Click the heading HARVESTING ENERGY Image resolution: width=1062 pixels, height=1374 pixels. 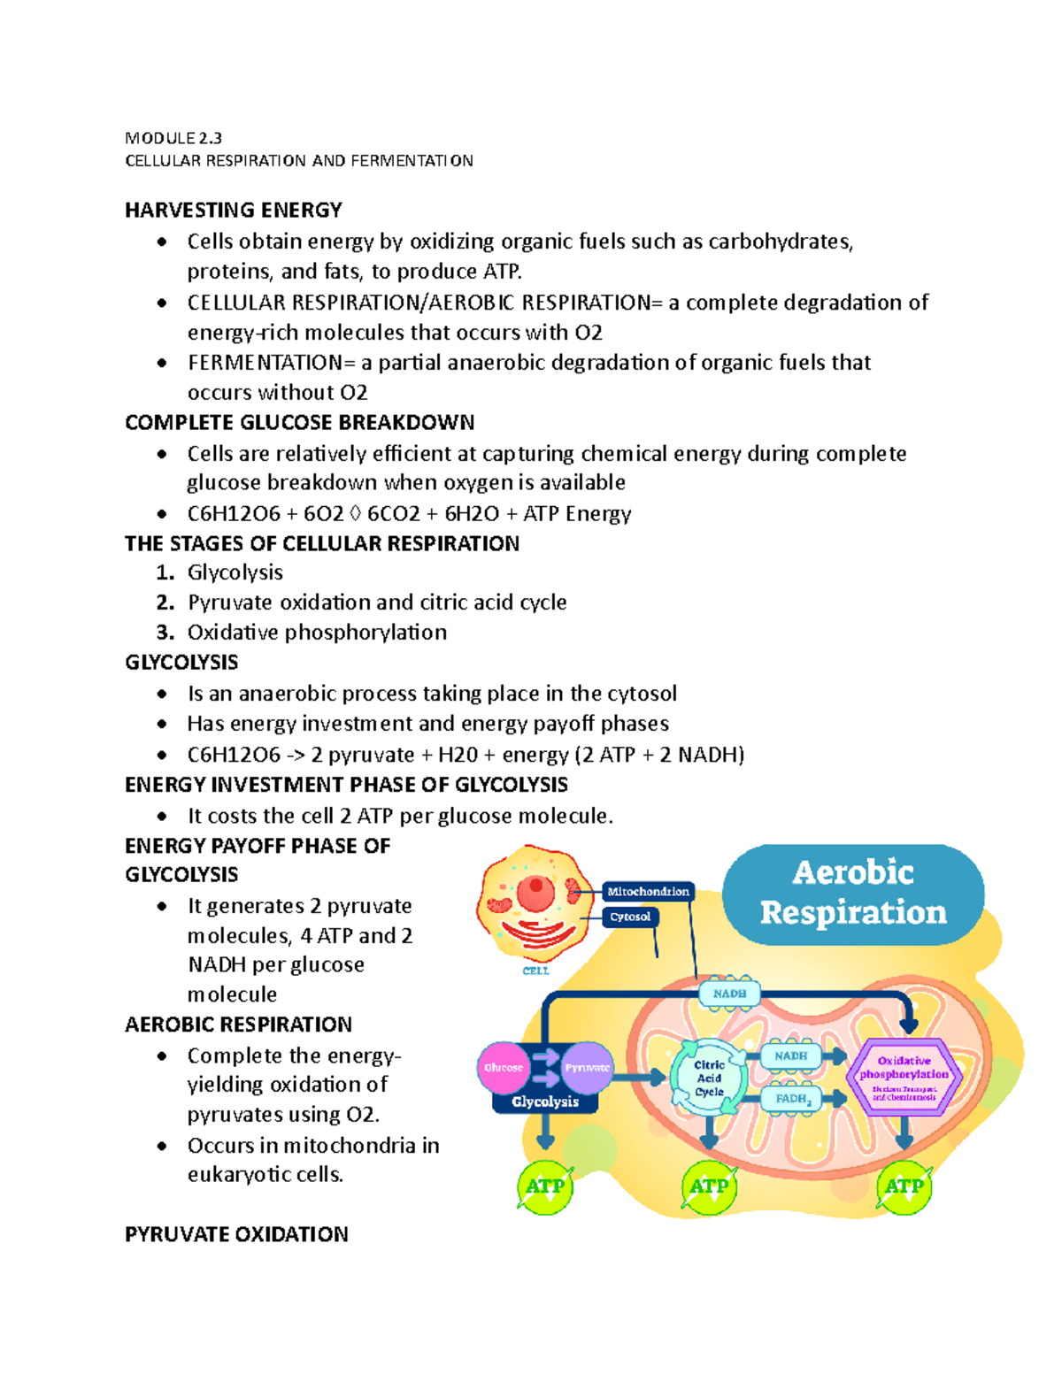[234, 211]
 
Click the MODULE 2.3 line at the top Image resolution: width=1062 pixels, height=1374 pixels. [173, 138]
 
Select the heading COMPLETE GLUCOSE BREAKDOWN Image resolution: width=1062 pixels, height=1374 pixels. [299, 423]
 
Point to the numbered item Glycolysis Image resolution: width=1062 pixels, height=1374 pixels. [235, 572]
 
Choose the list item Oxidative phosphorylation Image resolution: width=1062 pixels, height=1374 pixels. [317, 633]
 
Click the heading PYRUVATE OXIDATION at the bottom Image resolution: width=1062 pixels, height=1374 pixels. [236, 1234]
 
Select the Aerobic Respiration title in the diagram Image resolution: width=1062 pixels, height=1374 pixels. [853, 893]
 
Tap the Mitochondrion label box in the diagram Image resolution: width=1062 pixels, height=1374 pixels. [648, 892]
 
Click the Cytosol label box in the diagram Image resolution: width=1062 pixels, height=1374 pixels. [630, 917]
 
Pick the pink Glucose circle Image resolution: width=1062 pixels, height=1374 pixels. [503, 1068]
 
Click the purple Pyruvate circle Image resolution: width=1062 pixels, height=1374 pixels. [588, 1068]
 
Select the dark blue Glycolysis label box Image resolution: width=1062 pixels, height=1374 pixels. [545, 1102]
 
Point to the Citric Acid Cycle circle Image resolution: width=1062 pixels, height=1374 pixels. [709, 1078]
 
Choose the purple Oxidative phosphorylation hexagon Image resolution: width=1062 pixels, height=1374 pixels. [904, 1076]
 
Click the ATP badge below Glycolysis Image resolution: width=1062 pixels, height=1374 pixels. [545, 1186]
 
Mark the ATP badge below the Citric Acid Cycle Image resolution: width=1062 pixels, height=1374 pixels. [709, 1186]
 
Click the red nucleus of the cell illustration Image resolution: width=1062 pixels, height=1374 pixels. [535, 893]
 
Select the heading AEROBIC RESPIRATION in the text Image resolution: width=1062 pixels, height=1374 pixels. [238, 1025]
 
